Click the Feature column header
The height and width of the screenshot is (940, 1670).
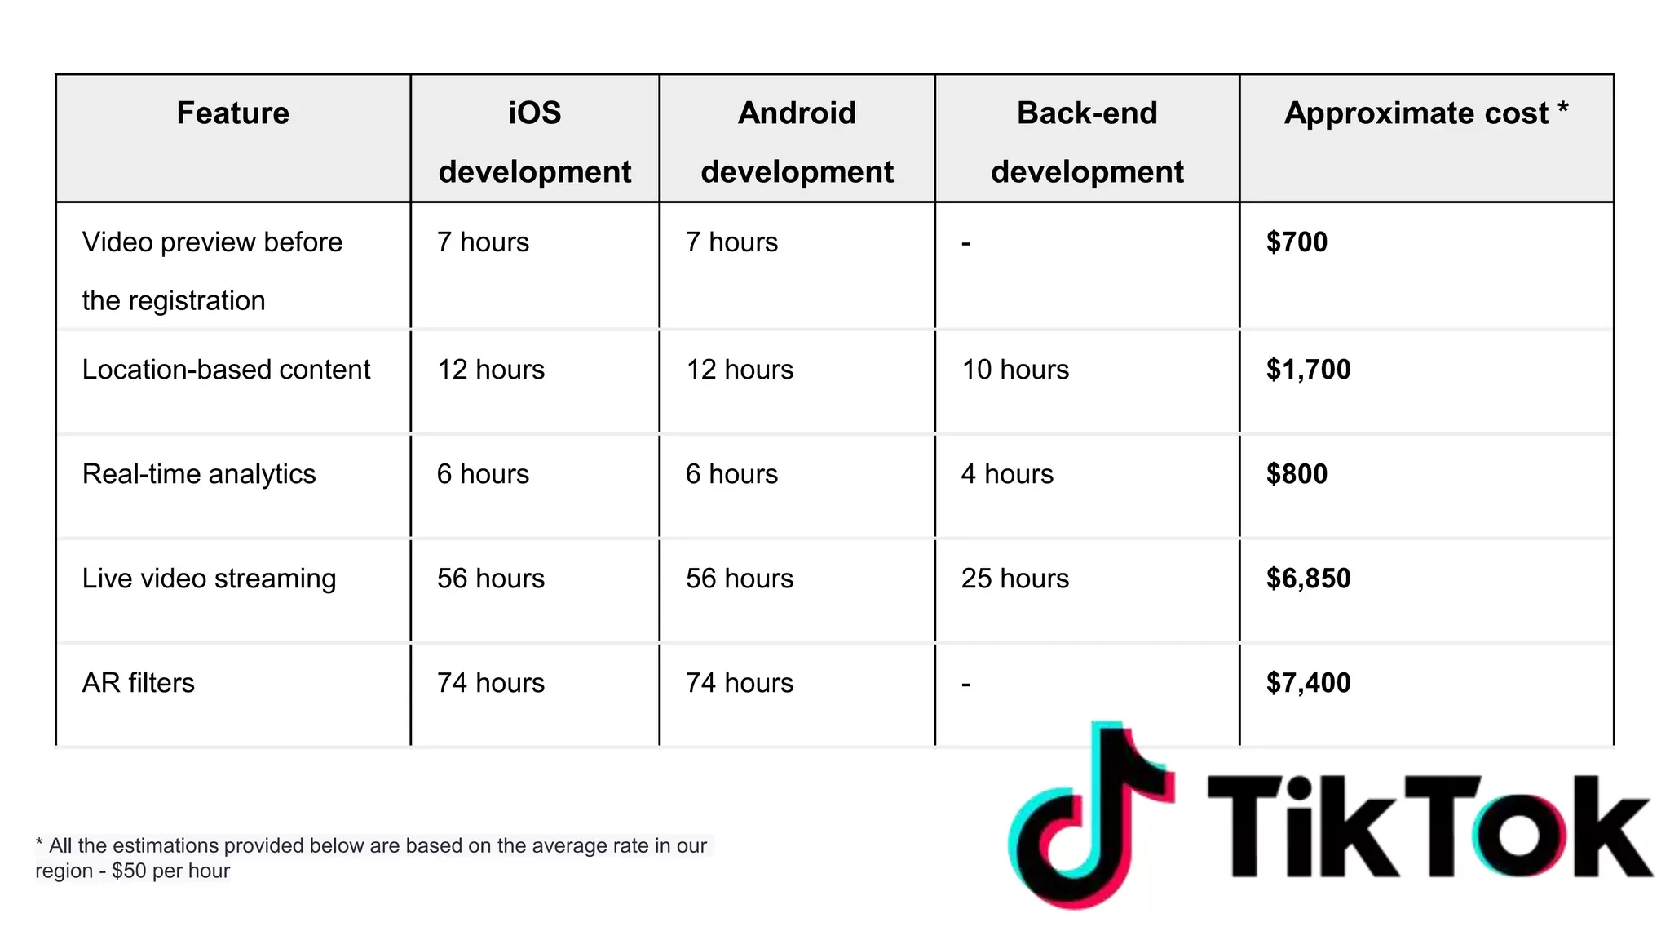[x=233, y=113]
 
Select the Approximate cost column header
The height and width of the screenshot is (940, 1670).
[x=1416, y=113]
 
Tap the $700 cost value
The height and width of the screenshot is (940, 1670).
[x=1297, y=242]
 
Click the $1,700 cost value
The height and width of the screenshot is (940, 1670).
[x=1308, y=370]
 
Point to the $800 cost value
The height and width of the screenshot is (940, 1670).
[x=1297, y=474]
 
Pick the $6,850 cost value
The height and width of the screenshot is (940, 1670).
[x=1308, y=579]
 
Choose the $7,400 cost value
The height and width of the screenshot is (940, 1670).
[x=1308, y=683]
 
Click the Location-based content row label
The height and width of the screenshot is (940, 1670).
[x=226, y=370]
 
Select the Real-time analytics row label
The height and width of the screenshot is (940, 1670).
[x=199, y=474]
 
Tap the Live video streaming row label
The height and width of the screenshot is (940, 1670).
[x=209, y=579]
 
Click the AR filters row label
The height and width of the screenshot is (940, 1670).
[x=139, y=683]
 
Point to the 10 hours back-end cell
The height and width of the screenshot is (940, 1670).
[x=1015, y=370]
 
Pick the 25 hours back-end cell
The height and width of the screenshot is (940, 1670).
[x=1015, y=579]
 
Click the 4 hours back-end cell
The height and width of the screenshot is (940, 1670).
[x=1007, y=474]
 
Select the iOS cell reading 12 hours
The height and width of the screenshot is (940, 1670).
[x=491, y=370]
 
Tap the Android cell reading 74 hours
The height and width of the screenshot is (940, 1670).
[x=740, y=683]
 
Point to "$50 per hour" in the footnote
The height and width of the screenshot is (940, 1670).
[x=171, y=871]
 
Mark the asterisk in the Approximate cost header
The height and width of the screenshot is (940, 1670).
[x=1563, y=108]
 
